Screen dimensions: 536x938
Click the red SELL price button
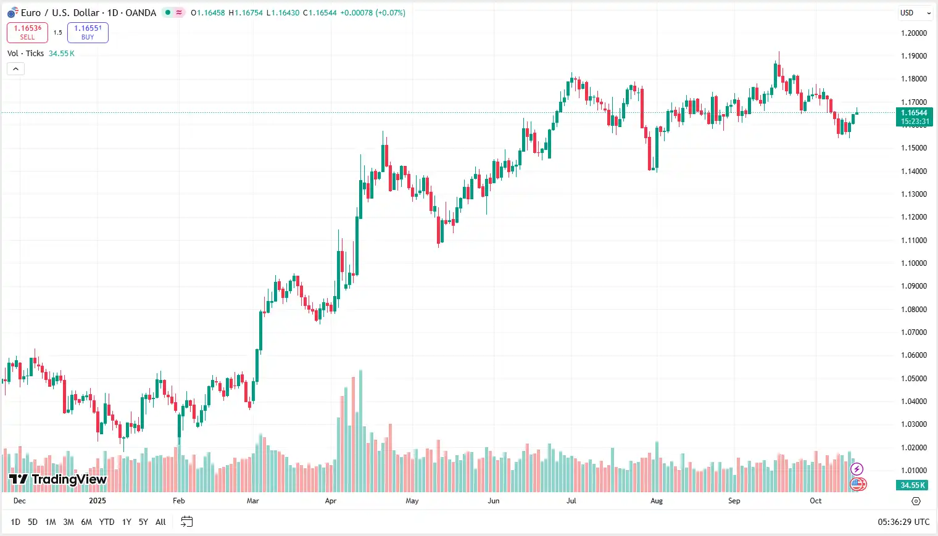pos(27,33)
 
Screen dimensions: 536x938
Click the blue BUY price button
pos(88,33)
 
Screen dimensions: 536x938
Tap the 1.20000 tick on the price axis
pos(914,33)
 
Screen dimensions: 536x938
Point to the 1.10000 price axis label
pos(914,263)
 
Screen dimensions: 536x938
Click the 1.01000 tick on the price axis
pos(914,471)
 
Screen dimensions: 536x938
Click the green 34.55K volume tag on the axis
pos(913,485)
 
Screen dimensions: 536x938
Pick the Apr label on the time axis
pos(331,501)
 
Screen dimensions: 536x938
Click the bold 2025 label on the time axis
pos(98,501)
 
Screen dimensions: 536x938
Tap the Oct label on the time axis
pos(815,501)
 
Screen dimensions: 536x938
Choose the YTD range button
pos(107,522)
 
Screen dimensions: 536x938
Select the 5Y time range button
pos(143,522)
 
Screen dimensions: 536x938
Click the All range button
pos(160,522)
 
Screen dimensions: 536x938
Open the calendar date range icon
pos(186,522)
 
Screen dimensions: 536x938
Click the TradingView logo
pos(58,479)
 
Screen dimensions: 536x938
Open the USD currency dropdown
pos(915,13)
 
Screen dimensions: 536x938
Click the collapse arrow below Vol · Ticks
pos(15,69)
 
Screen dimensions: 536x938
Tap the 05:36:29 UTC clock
pos(903,522)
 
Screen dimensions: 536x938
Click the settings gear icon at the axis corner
pos(916,501)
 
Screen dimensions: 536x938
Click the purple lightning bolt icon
pos(857,469)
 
